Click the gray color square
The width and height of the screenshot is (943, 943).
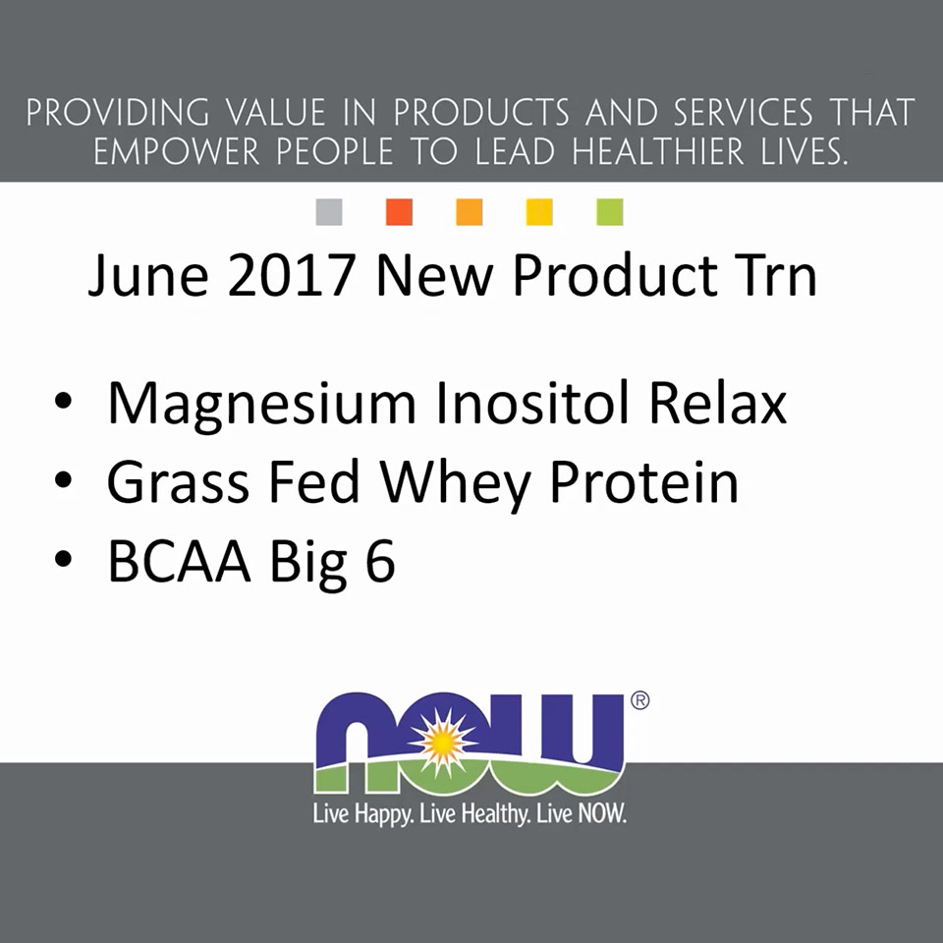(x=329, y=212)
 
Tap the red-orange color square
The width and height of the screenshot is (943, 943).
(x=400, y=212)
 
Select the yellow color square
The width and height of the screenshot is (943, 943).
(x=539, y=212)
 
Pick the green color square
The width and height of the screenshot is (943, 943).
(x=610, y=212)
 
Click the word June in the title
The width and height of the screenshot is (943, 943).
(x=148, y=275)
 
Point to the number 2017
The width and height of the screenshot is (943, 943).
(x=291, y=274)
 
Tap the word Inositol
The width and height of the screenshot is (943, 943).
(x=532, y=402)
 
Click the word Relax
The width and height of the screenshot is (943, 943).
(x=718, y=402)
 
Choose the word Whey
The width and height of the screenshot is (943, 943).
(x=455, y=484)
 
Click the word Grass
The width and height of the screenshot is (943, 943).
(x=178, y=481)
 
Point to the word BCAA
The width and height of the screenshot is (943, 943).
(x=179, y=561)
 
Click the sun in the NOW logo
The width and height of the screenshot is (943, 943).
(x=442, y=743)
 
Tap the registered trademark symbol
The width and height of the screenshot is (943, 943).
(x=639, y=700)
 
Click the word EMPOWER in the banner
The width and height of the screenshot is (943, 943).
(x=177, y=151)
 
